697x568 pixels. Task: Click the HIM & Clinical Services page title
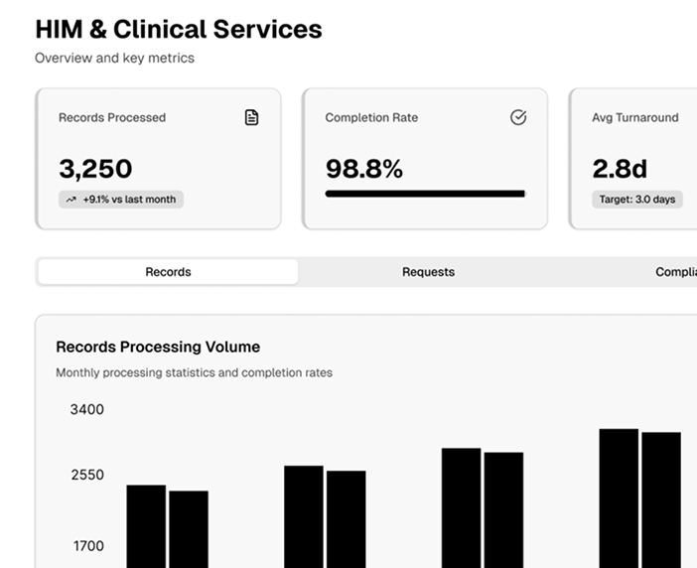pyautogui.click(x=179, y=29)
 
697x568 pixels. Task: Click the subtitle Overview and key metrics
pyautogui.click(x=114, y=58)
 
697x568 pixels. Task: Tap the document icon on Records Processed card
pyautogui.click(x=252, y=117)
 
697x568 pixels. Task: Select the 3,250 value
pyautogui.click(x=95, y=168)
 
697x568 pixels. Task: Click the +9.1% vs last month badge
pyautogui.click(x=121, y=200)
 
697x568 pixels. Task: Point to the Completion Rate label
pyautogui.click(x=371, y=117)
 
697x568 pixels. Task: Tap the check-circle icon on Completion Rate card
pyautogui.click(x=518, y=117)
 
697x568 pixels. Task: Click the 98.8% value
pyautogui.click(x=364, y=168)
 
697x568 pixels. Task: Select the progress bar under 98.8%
pyautogui.click(x=425, y=194)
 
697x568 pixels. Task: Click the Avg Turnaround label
pyautogui.click(x=635, y=117)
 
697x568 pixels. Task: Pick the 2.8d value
pyautogui.click(x=620, y=168)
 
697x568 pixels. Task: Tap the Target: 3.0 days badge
pyautogui.click(x=636, y=200)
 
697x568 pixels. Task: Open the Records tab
pyautogui.click(x=168, y=272)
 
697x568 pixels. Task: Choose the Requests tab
pyautogui.click(x=428, y=272)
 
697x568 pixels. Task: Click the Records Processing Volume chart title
pyautogui.click(x=158, y=347)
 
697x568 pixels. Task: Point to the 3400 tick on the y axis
pyautogui.click(x=86, y=409)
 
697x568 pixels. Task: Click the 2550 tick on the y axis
pyautogui.click(x=86, y=475)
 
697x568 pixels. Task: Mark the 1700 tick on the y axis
pyautogui.click(x=86, y=545)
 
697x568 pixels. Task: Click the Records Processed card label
pyautogui.click(x=112, y=117)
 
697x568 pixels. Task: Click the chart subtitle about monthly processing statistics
pyautogui.click(x=194, y=373)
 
